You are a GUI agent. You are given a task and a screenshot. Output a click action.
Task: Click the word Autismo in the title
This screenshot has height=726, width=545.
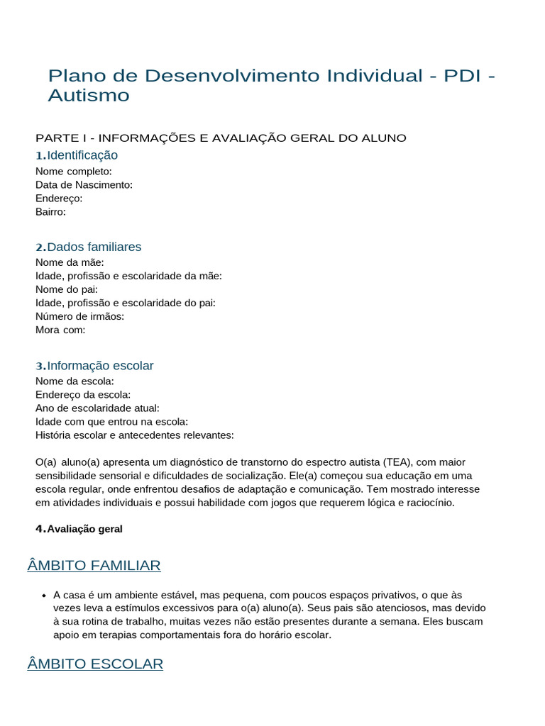89,95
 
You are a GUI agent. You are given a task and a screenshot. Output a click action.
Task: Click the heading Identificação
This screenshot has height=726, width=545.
82,155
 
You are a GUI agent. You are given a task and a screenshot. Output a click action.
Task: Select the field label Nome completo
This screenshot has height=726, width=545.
73,171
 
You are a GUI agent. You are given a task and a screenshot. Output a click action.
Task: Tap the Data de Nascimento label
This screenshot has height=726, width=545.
84,184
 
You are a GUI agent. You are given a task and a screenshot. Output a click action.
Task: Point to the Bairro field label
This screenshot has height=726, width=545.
50,211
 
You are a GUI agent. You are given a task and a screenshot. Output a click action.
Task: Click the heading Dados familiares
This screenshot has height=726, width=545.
94,247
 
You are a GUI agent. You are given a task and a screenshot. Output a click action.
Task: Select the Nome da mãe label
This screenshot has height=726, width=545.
70,262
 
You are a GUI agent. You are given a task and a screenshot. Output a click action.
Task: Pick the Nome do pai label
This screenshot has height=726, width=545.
67,289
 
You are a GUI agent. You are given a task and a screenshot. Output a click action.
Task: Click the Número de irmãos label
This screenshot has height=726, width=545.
79,316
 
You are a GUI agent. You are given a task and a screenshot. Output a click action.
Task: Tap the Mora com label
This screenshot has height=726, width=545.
60,330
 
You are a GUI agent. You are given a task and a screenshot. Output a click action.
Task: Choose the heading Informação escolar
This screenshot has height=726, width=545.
100,366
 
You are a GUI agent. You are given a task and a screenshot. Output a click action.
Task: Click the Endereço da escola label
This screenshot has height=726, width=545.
82,394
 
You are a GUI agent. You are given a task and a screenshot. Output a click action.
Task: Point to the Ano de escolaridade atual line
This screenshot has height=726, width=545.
97,408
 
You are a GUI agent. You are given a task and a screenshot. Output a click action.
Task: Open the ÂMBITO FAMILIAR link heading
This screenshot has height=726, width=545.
94,565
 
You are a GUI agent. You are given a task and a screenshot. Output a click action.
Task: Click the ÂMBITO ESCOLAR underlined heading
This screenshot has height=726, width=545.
95,664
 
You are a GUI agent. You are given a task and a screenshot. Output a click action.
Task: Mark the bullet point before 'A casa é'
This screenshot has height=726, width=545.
44,596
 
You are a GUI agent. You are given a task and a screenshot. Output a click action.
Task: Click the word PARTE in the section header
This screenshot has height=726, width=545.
54,138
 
